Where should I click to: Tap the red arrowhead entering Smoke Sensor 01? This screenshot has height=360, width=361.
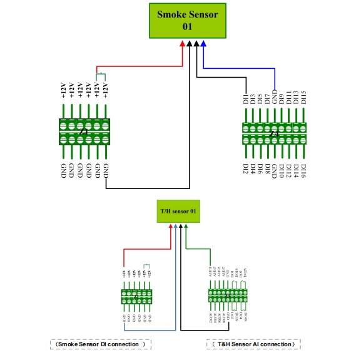pos(183,44)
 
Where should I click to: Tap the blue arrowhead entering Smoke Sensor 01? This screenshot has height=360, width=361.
pos(204,44)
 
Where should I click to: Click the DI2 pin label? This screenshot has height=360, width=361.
pos(245,169)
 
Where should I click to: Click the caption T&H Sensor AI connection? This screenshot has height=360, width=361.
pos(253,344)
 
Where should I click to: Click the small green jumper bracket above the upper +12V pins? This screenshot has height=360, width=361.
pos(101,76)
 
